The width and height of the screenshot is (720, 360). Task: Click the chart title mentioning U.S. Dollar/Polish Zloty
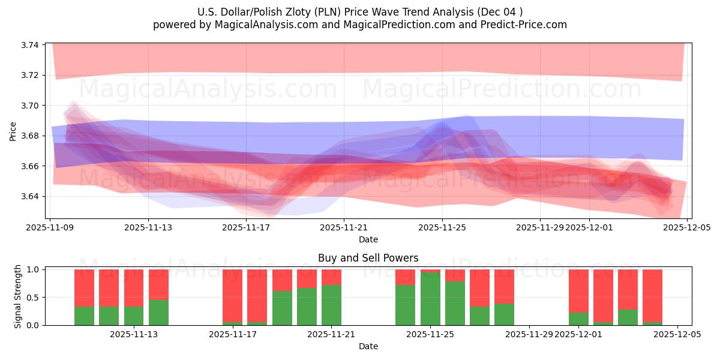pyautogui.click(x=359, y=11)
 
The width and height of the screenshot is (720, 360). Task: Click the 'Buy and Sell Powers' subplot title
pyautogui.click(x=368, y=258)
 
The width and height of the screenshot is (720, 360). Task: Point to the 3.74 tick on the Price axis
pyautogui.click(x=30, y=45)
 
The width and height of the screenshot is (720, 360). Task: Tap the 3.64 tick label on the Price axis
pyautogui.click(x=30, y=196)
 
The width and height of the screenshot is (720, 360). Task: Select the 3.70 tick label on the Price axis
pyautogui.click(x=30, y=106)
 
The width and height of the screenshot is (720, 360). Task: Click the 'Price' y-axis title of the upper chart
pyautogui.click(x=13, y=130)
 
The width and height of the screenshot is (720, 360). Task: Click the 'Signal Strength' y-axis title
pyautogui.click(x=18, y=296)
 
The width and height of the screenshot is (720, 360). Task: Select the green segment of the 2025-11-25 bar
pyautogui.click(x=430, y=299)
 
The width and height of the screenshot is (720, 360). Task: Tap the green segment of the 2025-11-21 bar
pyautogui.click(x=331, y=305)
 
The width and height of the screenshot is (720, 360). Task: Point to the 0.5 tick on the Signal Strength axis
pyautogui.click(x=34, y=297)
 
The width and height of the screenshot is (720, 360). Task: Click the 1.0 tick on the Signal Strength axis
pyautogui.click(x=34, y=269)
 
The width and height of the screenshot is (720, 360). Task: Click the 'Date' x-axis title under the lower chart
pyautogui.click(x=368, y=346)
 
